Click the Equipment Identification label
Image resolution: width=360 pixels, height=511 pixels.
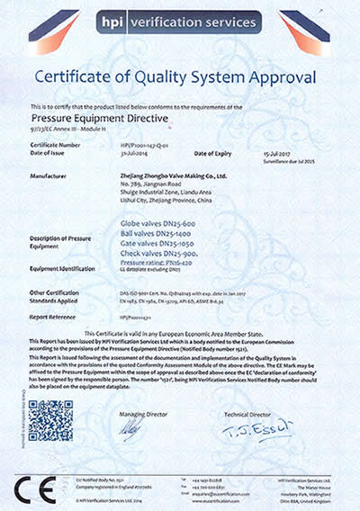pyautogui.click(x=64, y=268)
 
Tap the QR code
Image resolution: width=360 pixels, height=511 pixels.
pyautogui.click(x=51, y=421)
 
